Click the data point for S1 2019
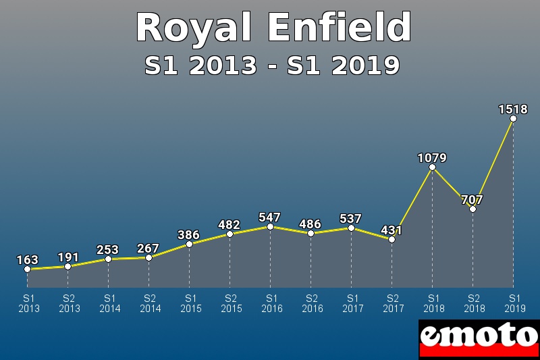tap(513, 119)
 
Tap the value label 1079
tap(432, 158)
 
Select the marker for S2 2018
tap(473, 209)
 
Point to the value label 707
tap(473, 200)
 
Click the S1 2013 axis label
tap(28, 303)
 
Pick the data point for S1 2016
tap(270, 227)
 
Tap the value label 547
tap(270, 217)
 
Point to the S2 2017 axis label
tap(393, 303)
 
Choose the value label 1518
tap(513, 109)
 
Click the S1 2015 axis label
tap(190, 303)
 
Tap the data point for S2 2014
tap(148, 257)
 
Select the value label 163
tap(27, 260)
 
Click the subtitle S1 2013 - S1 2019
tap(272, 66)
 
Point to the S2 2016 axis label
tap(312, 303)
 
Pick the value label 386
tap(189, 235)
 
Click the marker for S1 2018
tap(432, 168)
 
